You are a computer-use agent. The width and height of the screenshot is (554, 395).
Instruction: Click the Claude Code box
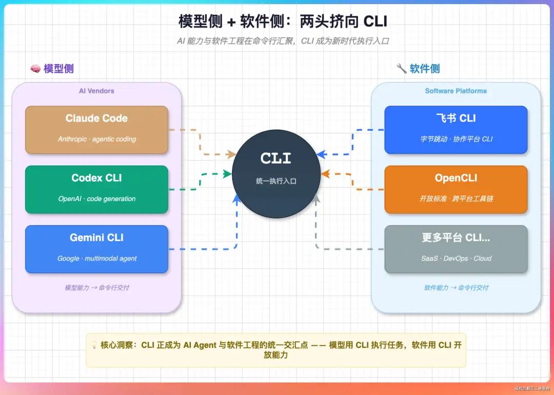[x=96, y=129]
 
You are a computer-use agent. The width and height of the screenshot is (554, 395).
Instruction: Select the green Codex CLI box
[x=96, y=189]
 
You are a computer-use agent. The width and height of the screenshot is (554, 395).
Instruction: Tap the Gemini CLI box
[x=96, y=249]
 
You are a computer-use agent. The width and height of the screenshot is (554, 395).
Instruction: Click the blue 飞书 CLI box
[x=456, y=129]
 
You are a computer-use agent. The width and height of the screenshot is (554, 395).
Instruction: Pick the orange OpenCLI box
[x=456, y=189]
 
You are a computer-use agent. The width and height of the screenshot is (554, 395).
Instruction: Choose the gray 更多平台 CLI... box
[x=456, y=249]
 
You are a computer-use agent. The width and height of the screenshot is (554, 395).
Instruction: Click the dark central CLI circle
[x=276, y=173]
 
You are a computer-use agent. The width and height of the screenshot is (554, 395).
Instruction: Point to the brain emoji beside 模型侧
[x=35, y=69]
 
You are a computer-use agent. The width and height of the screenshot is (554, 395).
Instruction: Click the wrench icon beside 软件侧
[x=402, y=69]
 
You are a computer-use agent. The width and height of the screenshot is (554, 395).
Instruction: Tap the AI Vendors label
[x=96, y=91]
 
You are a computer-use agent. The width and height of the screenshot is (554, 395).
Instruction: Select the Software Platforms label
[x=456, y=91]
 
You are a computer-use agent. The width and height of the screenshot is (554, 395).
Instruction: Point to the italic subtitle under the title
[x=283, y=41]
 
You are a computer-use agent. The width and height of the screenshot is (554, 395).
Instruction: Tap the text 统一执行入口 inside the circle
[x=276, y=181]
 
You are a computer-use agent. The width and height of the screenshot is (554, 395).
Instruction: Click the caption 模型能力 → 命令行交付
[x=96, y=288]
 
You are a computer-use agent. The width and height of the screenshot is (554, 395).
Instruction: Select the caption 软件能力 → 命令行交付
[x=456, y=288]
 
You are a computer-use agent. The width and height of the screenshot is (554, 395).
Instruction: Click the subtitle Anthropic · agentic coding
[x=96, y=139]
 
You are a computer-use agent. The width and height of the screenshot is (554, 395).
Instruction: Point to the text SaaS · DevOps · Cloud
[x=456, y=259]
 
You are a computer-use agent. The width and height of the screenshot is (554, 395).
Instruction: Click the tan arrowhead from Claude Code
[x=232, y=154]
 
